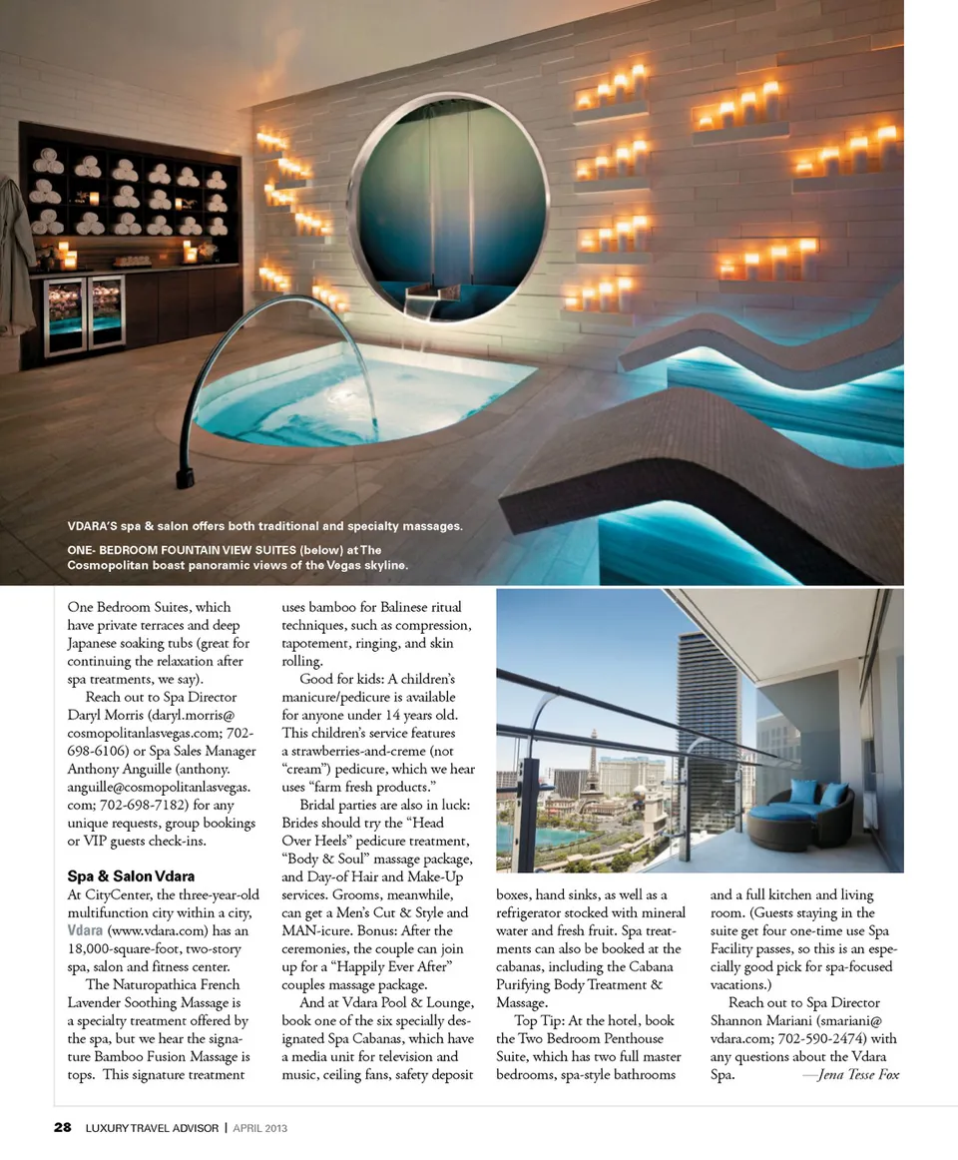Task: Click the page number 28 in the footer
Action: tap(62, 1128)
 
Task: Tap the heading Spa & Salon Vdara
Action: tap(131, 876)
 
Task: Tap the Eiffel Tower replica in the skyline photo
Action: tap(592, 759)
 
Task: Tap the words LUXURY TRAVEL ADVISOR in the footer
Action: tap(152, 1128)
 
